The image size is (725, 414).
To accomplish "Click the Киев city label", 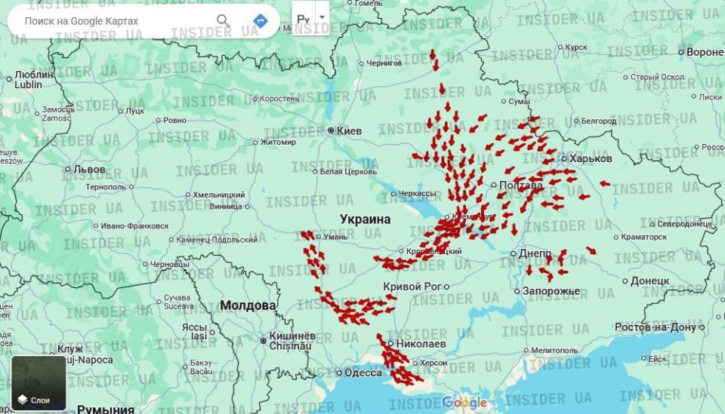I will tap(348, 131).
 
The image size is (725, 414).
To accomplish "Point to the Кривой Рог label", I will tap(412, 287).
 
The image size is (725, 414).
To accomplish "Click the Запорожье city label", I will tap(551, 291).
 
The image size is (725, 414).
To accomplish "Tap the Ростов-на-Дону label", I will tap(655, 327).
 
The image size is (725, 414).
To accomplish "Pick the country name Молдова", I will tap(248, 305).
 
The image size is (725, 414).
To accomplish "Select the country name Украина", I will tap(366, 219).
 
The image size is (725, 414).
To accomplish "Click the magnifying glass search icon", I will tap(224, 20).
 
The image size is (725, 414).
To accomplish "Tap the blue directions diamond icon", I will tap(261, 20).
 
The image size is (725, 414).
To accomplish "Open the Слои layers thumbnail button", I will tap(39, 383).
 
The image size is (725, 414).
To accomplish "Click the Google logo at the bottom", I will tap(464, 403).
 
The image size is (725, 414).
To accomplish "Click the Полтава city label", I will tap(521, 185).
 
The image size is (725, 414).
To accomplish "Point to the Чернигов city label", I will tap(384, 63).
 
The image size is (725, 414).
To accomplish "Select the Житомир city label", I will tap(279, 142).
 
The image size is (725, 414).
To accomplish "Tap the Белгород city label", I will tap(599, 121).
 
